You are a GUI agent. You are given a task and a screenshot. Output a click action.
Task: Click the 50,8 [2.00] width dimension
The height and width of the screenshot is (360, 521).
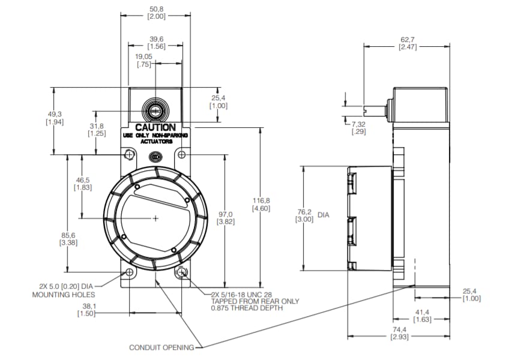click(x=156, y=13)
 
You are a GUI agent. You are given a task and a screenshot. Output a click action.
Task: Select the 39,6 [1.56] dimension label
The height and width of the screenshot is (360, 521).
click(x=156, y=43)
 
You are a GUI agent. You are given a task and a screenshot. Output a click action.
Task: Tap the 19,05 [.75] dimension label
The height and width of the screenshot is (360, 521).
click(x=143, y=61)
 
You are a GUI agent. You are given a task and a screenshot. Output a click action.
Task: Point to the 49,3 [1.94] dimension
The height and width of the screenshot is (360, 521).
click(x=55, y=118)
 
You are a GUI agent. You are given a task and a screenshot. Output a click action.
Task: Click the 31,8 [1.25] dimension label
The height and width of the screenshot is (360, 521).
click(x=97, y=130)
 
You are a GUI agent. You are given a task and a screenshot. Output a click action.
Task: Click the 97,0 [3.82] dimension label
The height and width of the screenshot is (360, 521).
click(x=226, y=218)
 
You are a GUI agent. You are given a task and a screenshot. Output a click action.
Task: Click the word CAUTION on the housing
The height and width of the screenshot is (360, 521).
click(x=155, y=127)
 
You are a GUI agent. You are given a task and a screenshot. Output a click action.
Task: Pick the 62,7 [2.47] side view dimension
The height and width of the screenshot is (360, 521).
click(x=408, y=43)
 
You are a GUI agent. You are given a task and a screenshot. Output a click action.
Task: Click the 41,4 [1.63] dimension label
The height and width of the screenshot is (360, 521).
click(x=422, y=316)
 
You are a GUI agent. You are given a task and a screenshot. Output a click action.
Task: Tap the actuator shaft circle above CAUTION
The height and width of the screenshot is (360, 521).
click(x=155, y=110)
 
